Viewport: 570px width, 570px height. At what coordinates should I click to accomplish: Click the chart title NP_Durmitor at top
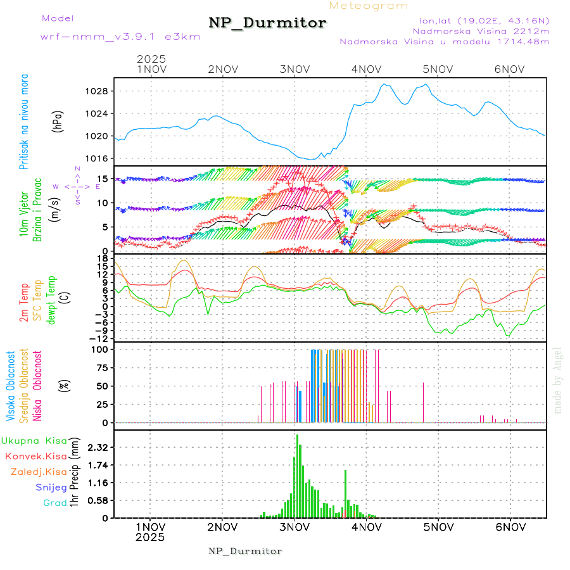click(267, 23)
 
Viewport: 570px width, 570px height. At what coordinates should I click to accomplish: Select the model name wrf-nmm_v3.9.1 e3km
click(120, 37)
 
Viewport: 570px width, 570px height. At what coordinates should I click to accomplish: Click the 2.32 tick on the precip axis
click(98, 447)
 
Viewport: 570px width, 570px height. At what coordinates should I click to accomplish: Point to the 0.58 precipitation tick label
click(98, 500)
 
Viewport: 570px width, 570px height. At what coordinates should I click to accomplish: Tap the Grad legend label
click(54, 503)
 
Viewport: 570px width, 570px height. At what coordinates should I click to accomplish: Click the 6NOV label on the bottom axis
click(510, 526)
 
